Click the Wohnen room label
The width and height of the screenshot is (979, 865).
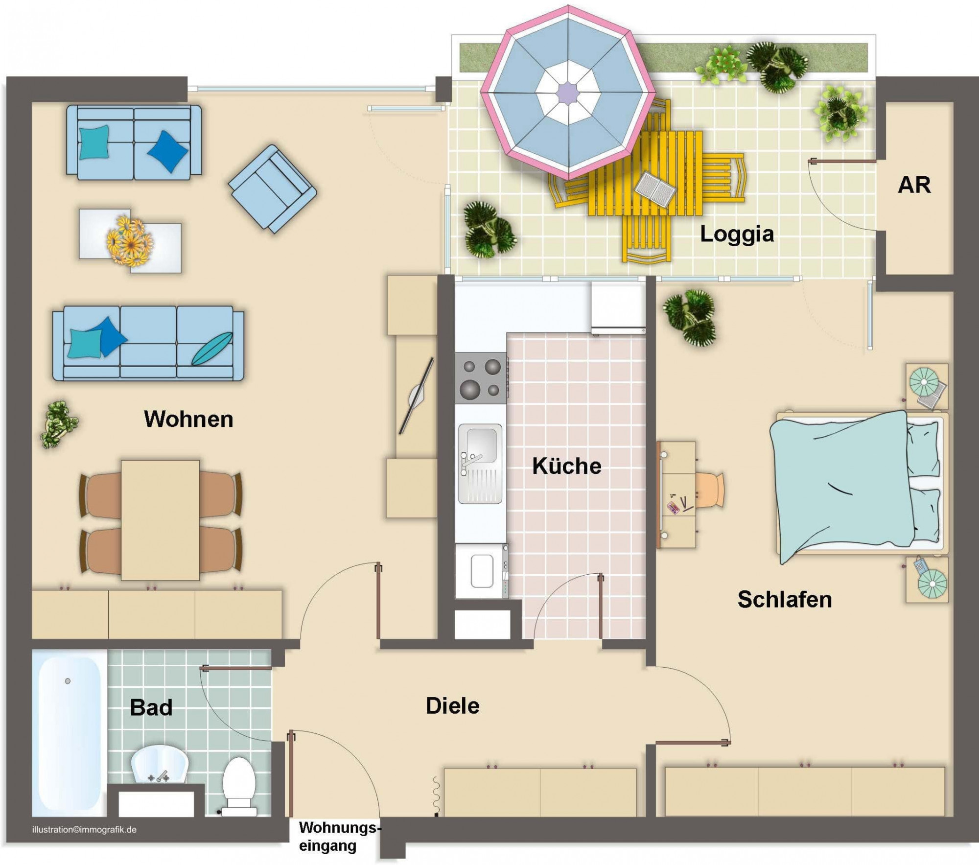click(x=188, y=419)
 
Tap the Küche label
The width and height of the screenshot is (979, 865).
click(x=567, y=466)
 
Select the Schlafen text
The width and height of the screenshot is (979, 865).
click(x=785, y=599)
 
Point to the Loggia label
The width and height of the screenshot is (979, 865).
click(x=737, y=234)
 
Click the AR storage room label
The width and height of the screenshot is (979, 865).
click(x=914, y=185)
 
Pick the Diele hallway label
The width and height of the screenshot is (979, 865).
click(x=453, y=706)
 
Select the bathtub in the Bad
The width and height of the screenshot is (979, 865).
click(x=69, y=733)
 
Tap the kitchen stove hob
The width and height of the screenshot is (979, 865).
click(x=481, y=378)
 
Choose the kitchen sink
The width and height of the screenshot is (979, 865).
click(x=480, y=463)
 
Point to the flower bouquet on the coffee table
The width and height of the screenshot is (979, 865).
click(x=130, y=241)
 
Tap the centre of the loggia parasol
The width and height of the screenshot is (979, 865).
click(x=568, y=93)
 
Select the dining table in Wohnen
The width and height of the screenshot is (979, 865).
click(x=160, y=520)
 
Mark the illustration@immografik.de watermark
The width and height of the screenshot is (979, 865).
click(x=84, y=830)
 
